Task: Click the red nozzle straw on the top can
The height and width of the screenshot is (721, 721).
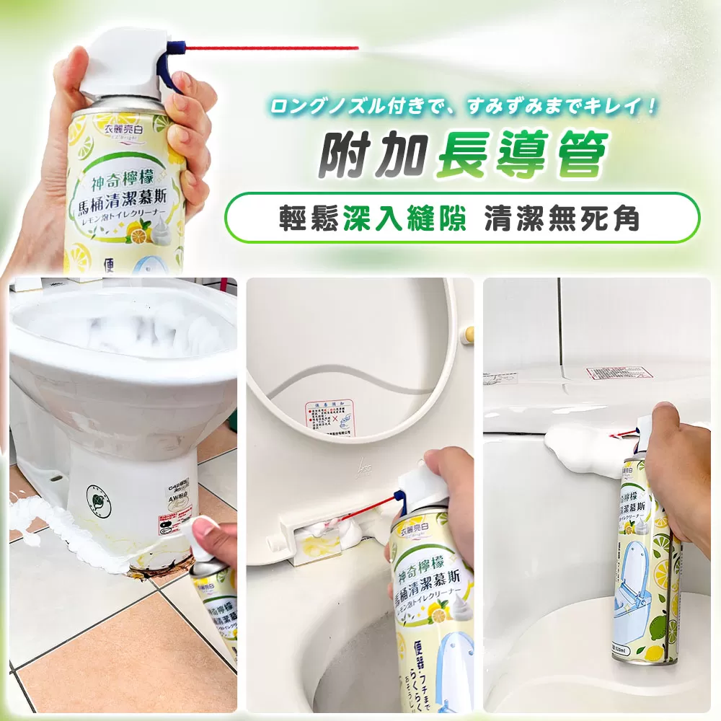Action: [x=288, y=48]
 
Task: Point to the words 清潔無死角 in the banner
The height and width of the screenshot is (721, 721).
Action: [x=562, y=216]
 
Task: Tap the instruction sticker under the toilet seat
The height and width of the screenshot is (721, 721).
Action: [x=329, y=418]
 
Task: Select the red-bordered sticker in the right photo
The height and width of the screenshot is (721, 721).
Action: [x=619, y=373]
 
